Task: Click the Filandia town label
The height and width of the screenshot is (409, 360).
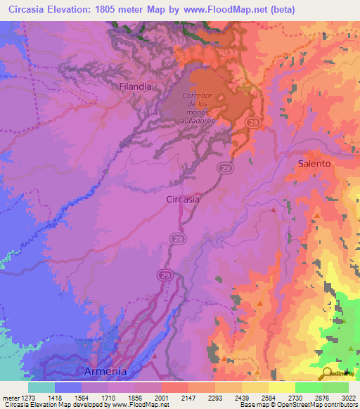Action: coord(135,86)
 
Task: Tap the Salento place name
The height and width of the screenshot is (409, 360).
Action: coord(314,163)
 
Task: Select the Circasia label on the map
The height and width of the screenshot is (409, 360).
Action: coord(183,199)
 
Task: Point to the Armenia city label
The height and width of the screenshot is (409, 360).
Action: coord(105,371)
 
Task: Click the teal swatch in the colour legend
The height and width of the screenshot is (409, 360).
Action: coord(41,387)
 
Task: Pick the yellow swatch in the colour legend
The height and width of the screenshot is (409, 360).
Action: coord(281,387)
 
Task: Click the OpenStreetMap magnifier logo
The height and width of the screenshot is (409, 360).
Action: coord(327,373)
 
